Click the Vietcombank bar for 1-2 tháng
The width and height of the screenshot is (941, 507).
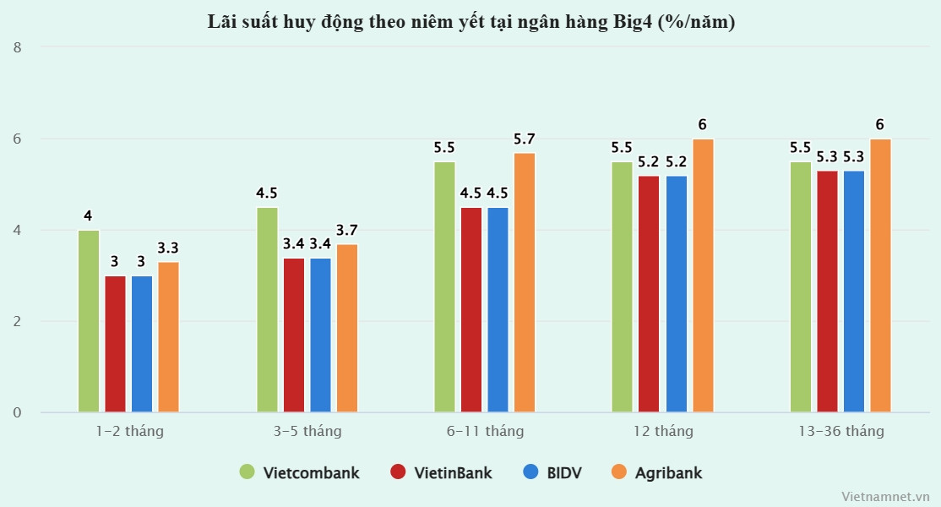click(89, 321)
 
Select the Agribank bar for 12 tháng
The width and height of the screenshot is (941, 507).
click(703, 275)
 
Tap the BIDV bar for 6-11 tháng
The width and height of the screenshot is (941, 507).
click(498, 309)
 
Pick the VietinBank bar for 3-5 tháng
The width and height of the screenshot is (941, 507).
click(294, 335)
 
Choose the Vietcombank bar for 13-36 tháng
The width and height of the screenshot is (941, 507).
click(801, 286)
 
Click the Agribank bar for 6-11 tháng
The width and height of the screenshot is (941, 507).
click(525, 282)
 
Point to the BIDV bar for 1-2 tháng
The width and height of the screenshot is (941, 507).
click(142, 344)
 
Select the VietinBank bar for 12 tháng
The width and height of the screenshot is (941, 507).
click(649, 293)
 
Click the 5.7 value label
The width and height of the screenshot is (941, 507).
click(525, 139)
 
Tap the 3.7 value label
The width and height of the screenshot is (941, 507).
click(347, 230)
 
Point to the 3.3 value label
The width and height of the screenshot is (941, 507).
click(168, 248)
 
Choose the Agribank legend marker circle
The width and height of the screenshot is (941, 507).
click(618, 472)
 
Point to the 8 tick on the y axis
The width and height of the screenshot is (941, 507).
click(18, 47)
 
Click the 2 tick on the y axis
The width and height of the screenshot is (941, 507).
click(18, 322)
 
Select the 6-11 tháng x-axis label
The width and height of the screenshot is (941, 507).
click(485, 431)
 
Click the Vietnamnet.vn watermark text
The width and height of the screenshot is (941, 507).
click(885, 497)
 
